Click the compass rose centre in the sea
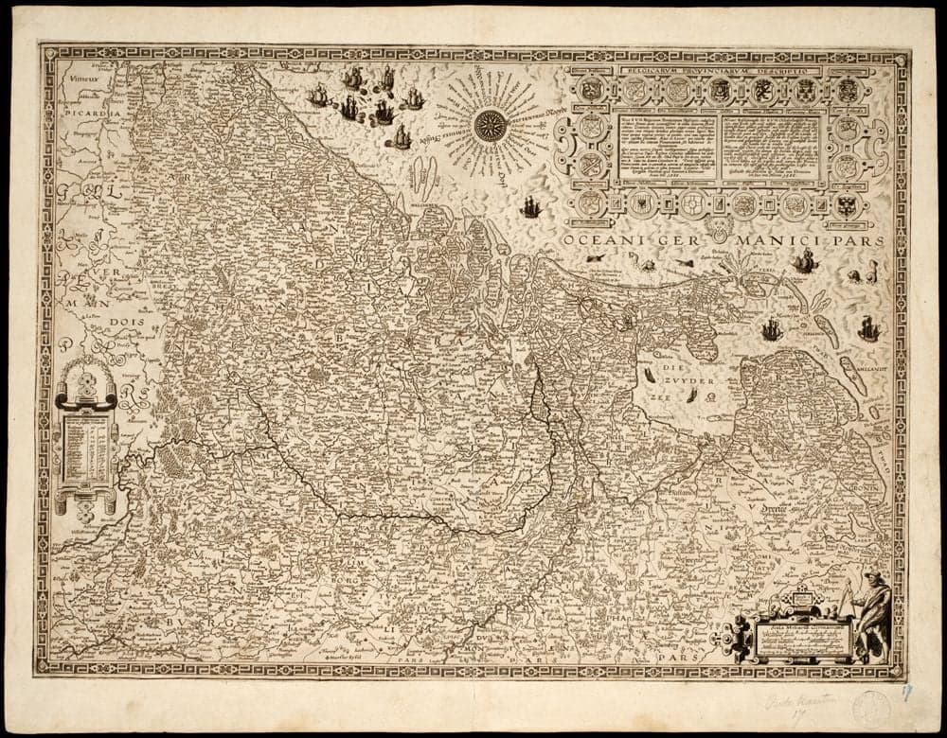point(490,126)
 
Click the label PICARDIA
point(89,112)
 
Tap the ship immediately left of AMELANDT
point(868,329)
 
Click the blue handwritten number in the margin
point(906,694)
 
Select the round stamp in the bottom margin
point(870,707)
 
